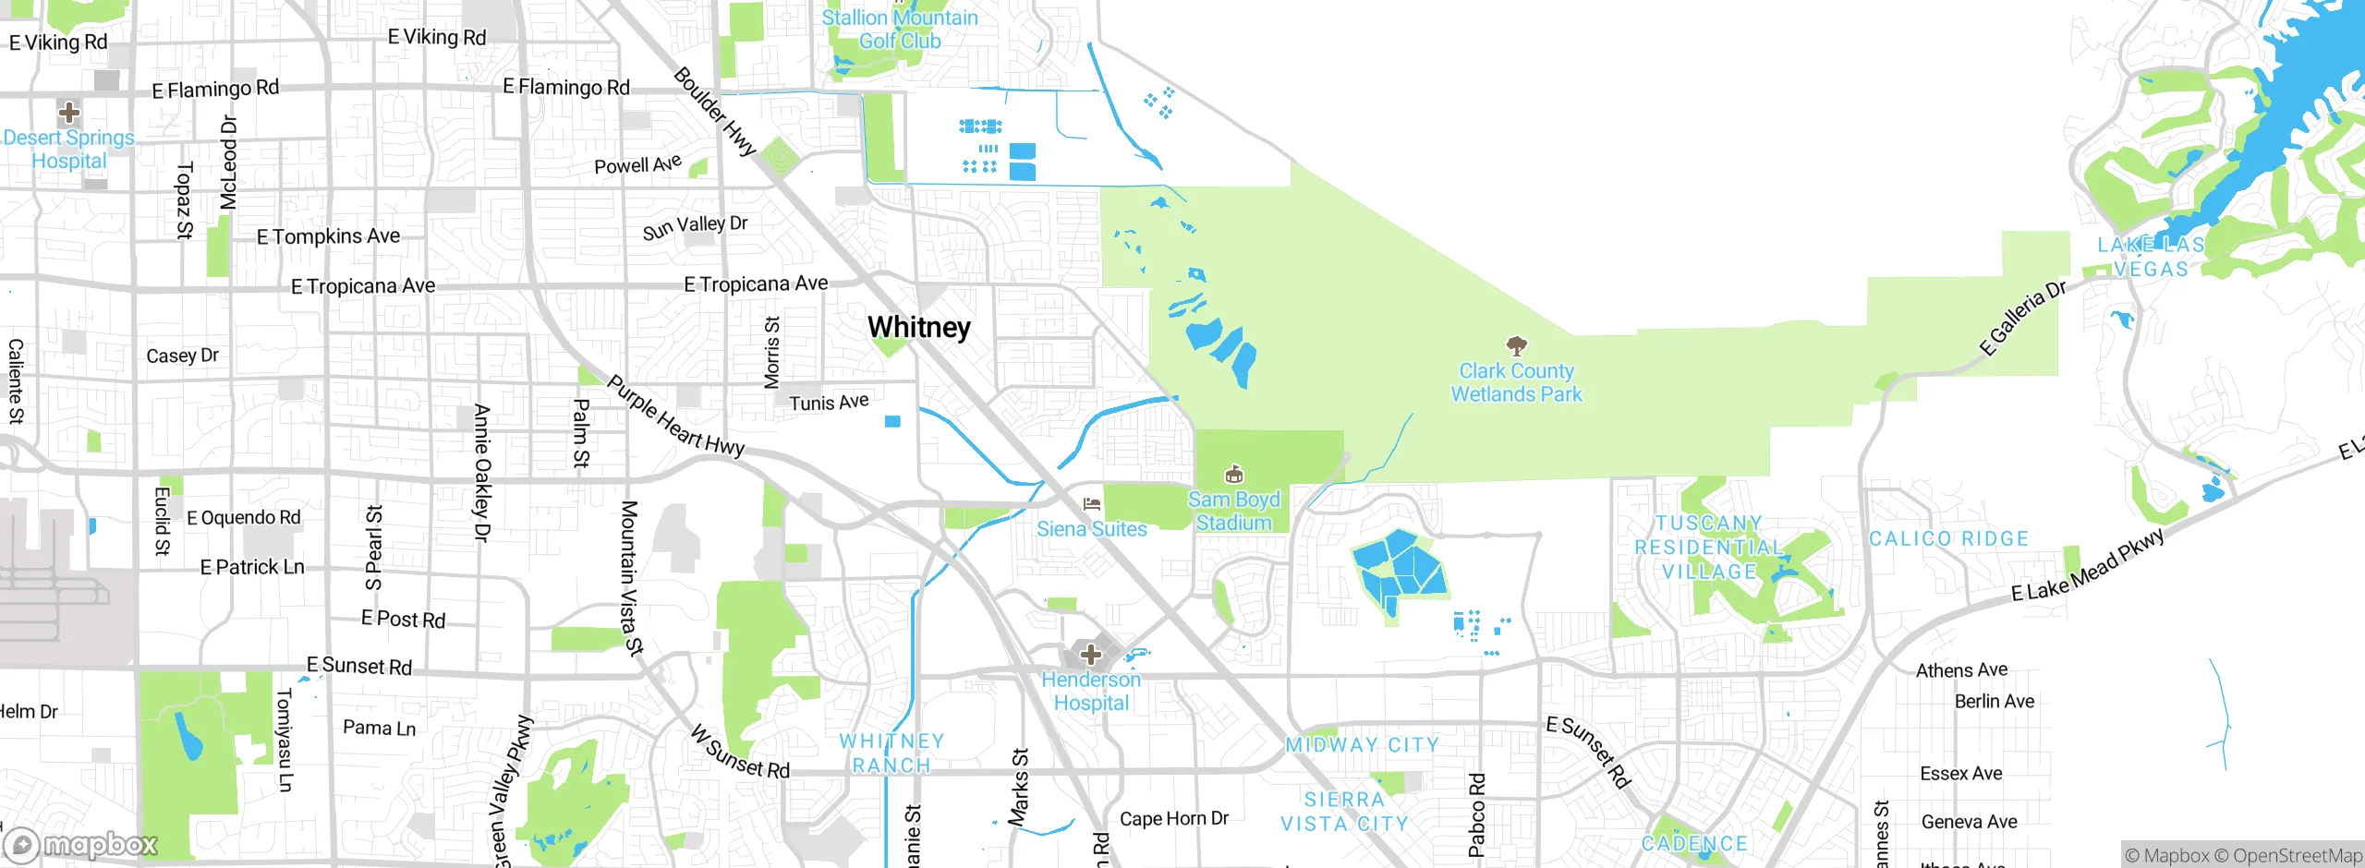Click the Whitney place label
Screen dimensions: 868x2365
(919, 328)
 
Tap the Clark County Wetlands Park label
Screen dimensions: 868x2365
(1516, 382)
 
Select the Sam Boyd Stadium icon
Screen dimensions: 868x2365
(1233, 475)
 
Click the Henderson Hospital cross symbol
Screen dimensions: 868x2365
(1091, 655)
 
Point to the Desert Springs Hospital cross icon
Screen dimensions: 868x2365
(68, 114)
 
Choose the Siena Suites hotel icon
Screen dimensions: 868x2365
(1091, 504)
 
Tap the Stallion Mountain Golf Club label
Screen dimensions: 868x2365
(899, 30)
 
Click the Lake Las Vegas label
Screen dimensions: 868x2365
(2151, 257)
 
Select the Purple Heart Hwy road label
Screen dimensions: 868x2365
(675, 416)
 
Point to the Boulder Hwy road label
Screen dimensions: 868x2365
(715, 112)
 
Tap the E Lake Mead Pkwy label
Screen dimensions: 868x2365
(2088, 565)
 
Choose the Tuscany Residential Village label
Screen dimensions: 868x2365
(1708, 548)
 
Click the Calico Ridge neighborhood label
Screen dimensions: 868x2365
(1948, 538)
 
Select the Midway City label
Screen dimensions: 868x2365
(1362, 744)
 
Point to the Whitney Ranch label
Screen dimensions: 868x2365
(891, 753)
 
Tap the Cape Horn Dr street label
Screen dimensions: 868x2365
(1173, 818)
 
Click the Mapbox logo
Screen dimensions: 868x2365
(81, 844)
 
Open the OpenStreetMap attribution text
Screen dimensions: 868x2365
(2287, 856)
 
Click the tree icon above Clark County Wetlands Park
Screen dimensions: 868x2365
(1516, 346)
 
